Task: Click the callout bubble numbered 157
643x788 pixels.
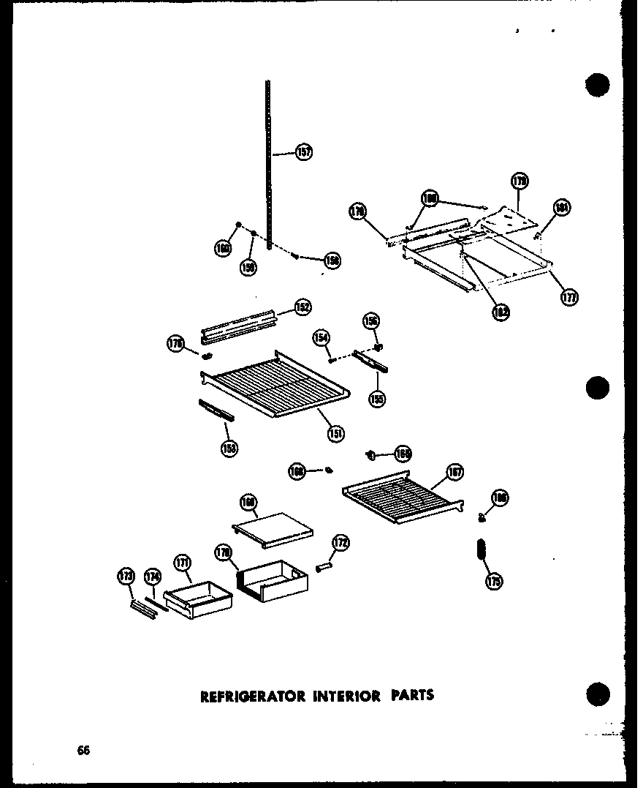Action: (304, 152)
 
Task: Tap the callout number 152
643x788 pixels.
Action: (303, 307)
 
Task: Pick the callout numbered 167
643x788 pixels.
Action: (454, 472)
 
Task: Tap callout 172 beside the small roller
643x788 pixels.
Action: (340, 543)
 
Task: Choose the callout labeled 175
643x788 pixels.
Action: (493, 582)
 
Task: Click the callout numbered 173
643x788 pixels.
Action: (126, 577)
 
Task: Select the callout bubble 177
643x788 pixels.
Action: (569, 297)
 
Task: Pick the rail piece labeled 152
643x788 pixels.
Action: (239, 325)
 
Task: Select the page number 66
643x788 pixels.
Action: (83, 750)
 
